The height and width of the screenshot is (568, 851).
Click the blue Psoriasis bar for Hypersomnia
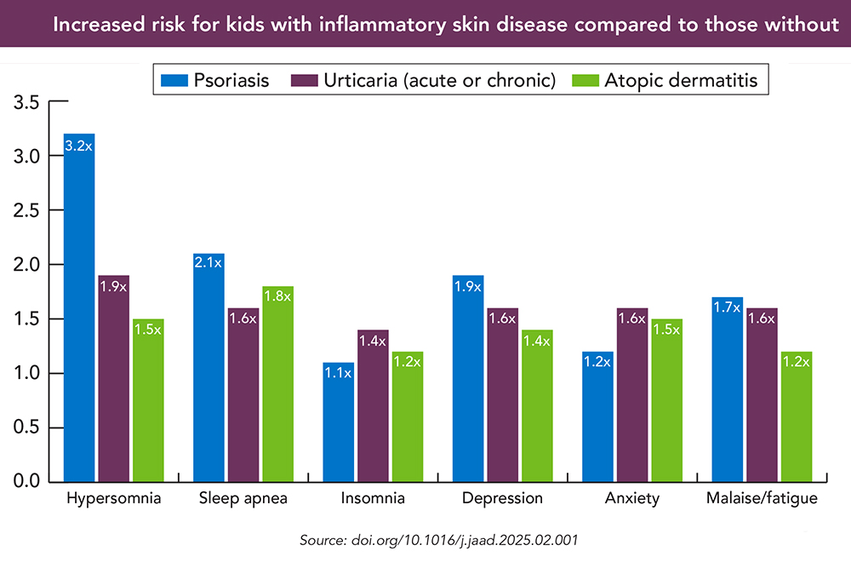click(79, 307)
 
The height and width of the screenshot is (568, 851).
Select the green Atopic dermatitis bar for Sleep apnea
click(277, 383)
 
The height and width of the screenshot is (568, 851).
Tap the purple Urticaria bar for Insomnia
click(372, 405)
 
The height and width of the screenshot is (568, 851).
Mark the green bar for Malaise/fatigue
click(797, 416)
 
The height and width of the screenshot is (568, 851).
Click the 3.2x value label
click(79, 146)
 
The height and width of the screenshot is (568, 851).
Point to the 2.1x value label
click(208, 263)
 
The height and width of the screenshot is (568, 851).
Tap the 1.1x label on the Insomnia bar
click(338, 372)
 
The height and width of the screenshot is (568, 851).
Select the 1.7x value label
click(726, 307)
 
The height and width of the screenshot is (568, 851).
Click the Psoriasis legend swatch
click(174, 81)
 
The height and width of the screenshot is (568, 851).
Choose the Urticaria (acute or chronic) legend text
click(439, 81)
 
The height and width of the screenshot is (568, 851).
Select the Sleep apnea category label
click(243, 498)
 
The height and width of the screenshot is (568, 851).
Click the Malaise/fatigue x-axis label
click(762, 498)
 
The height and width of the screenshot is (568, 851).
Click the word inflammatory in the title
click(368, 24)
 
